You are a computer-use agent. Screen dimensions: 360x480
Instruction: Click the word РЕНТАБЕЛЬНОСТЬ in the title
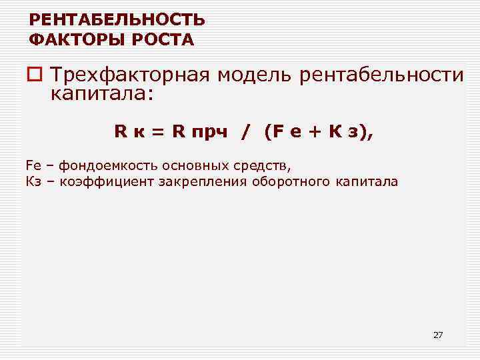tap(117, 20)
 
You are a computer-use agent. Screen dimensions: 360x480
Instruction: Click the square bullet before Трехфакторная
tap(36, 76)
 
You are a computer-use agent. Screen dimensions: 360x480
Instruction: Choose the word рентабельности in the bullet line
tap(381, 75)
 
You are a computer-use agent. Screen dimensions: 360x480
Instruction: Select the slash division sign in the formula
tap(246, 133)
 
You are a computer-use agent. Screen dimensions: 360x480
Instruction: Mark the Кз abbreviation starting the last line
tap(33, 181)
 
